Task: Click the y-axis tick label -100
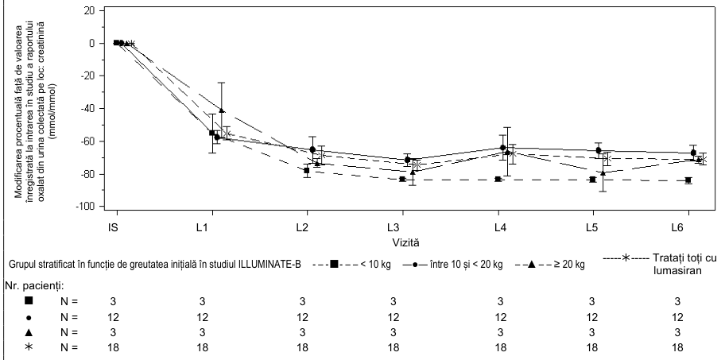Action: point(86,207)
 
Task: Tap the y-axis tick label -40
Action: point(87,109)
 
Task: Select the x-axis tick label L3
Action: point(402,227)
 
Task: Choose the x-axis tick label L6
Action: point(688,227)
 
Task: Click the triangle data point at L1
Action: point(222,110)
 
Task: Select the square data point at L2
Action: point(307,170)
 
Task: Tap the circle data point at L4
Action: point(502,148)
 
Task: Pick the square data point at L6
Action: point(688,180)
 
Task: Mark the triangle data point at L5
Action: point(603,172)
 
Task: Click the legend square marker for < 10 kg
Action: point(333,265)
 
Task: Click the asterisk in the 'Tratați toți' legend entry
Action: point(625,257)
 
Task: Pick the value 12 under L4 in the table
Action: point(500,318)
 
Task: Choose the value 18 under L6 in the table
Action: point(677,347)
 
